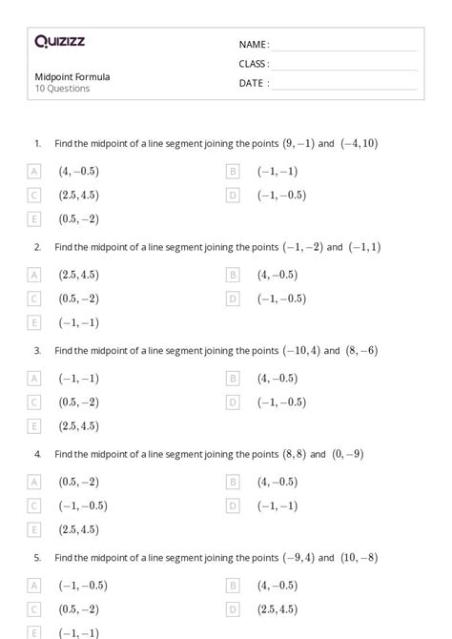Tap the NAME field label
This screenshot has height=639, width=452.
click(x=254, y=44)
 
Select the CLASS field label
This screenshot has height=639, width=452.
click(x=254, y=64)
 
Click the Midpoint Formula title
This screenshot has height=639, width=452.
click(x=72, y=76)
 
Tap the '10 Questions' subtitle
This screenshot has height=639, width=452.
click(x=62, y=89)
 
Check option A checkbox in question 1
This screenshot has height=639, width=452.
click(x=35, y=172)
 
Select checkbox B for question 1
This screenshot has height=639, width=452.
click(x=233, y=172)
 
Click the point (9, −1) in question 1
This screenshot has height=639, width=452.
click(x=298, y=144)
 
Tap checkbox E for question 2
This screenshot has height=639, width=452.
click(x=35, y=322)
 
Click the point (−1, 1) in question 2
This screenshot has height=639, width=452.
click(x=364, y=247)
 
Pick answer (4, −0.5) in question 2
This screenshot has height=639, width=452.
click(x=277, y=275)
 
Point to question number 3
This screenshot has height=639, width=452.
click(x=37, y=351)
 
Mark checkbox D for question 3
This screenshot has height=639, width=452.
click(x=233, y=402)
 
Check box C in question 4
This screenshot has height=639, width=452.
click(x=35, y=505)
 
